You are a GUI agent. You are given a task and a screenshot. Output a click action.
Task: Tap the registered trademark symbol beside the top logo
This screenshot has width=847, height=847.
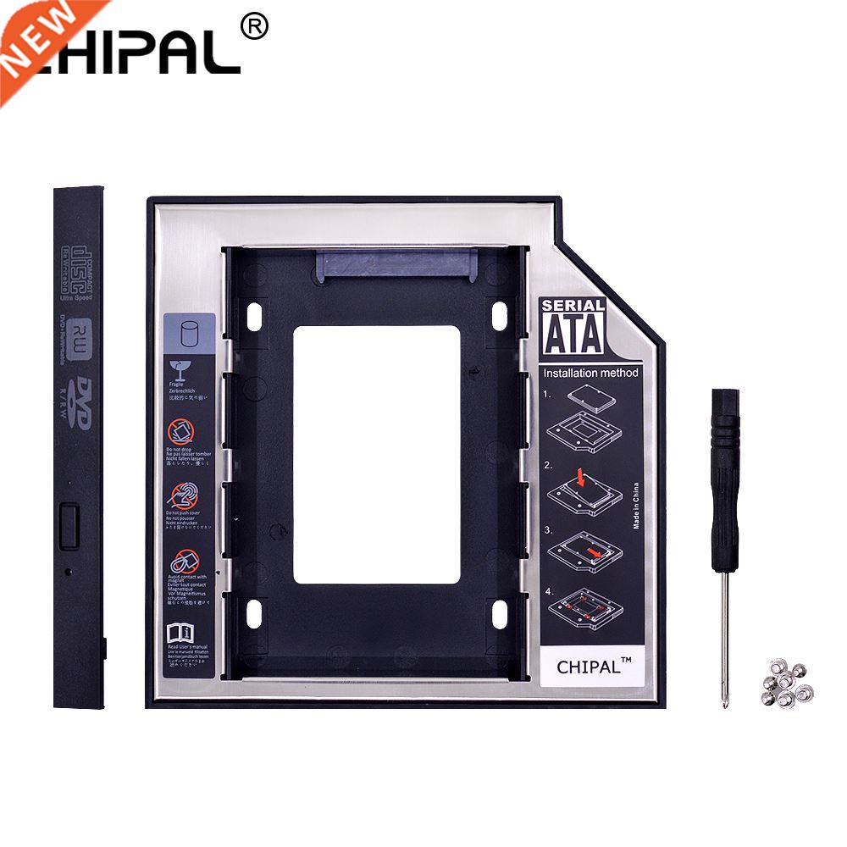coord(254,27)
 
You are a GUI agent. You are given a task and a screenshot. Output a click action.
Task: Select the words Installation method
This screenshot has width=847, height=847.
coord(590,373)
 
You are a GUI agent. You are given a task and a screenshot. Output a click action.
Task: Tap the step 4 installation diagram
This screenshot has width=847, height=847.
coord(584,606)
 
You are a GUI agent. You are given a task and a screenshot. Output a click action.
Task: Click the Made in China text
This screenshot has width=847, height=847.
coord(636,505)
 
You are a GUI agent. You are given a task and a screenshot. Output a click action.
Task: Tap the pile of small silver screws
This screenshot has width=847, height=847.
coord(787,687)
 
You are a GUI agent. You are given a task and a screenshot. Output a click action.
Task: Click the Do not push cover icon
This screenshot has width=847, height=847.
coord(184,495)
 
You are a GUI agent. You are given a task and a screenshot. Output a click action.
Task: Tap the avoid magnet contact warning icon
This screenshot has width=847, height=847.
coord(184,561)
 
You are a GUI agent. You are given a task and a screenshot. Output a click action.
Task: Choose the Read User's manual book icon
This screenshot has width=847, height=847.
coord(183,631)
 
